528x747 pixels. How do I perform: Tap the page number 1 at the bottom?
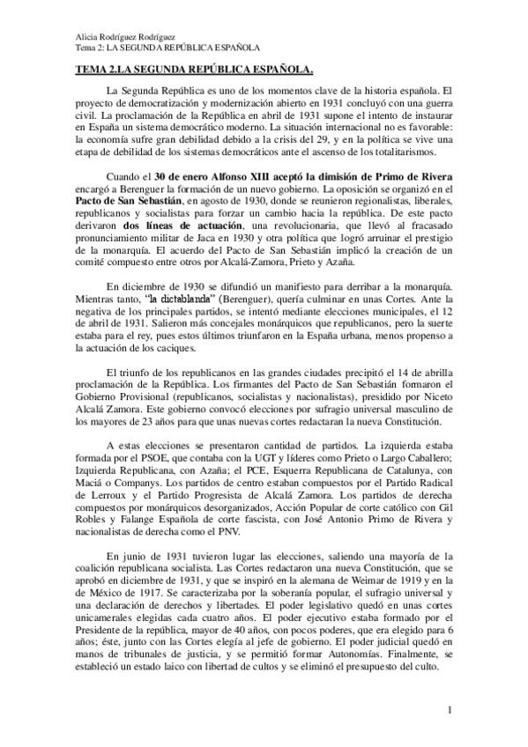pos(449,710)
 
